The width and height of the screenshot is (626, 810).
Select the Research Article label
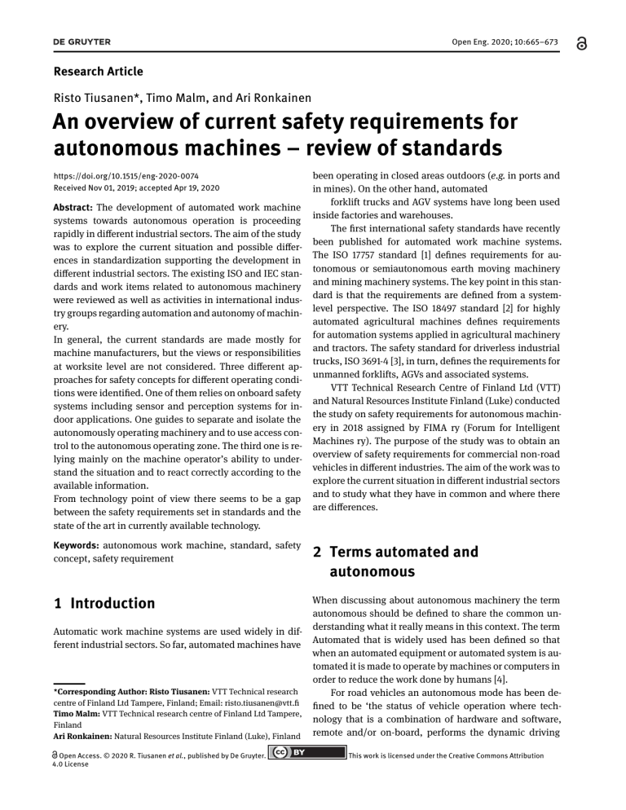click(x=98, y=72)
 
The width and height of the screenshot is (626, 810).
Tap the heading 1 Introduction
click(x=103, y=604)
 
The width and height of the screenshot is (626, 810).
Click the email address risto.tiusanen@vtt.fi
click(x=247, y=704)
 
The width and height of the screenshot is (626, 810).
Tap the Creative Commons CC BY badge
click(x=298, y=755)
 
